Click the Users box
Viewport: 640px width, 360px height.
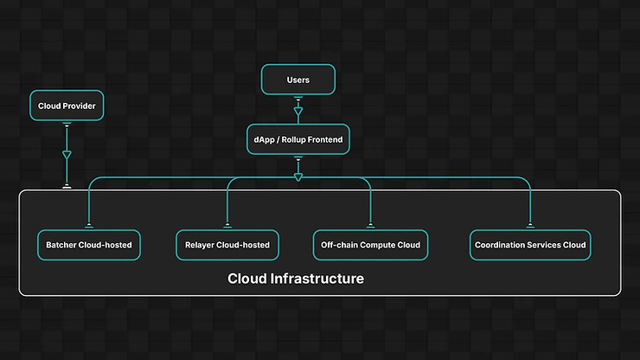[x=298, y=80]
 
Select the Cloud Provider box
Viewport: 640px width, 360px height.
[x=66, y=106]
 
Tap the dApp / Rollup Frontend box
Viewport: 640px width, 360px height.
[x=298, y=139]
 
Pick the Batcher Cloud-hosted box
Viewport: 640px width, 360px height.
[x=89, y=245]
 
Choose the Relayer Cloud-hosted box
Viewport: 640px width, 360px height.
[x=227, y=245]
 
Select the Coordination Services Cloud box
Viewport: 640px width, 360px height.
[x=530, y=245]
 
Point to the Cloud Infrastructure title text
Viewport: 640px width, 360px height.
[x=296, y=279]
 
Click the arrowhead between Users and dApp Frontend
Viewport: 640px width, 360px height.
[x=298, y=112]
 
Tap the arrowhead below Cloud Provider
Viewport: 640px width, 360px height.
[x=67, y=156]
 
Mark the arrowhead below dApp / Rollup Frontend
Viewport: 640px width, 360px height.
[x=298, y=177]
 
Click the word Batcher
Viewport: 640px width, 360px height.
[x=61, y=245]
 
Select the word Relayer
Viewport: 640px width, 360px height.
[x=201, y=245]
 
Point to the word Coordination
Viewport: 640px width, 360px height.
[x=501, y=245]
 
